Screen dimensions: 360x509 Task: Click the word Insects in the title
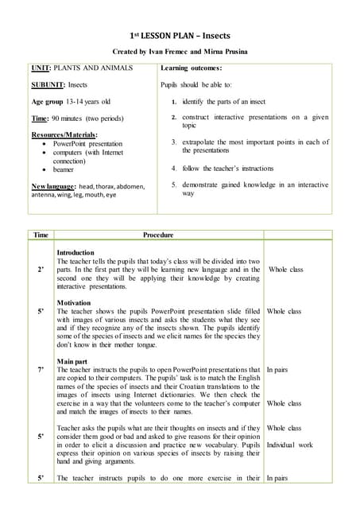tap(214, 36)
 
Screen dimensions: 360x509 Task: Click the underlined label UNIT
tap(40, 69)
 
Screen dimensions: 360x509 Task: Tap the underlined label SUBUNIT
tap(47, 85)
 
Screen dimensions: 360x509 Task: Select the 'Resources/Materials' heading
tap(65, 134)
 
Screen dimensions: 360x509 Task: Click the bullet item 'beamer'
tap(65, 169)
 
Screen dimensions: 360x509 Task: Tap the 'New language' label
tap(53, 185)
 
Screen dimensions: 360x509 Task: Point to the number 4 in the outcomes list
tap(174, 169)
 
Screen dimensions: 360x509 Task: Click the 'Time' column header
tap(41, 235)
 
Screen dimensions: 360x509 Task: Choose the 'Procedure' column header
tap(157, 235)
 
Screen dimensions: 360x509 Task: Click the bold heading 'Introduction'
tap(75, 252)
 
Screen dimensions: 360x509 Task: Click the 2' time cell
tap(41, 270)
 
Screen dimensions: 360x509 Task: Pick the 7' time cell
tap(41, 370)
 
